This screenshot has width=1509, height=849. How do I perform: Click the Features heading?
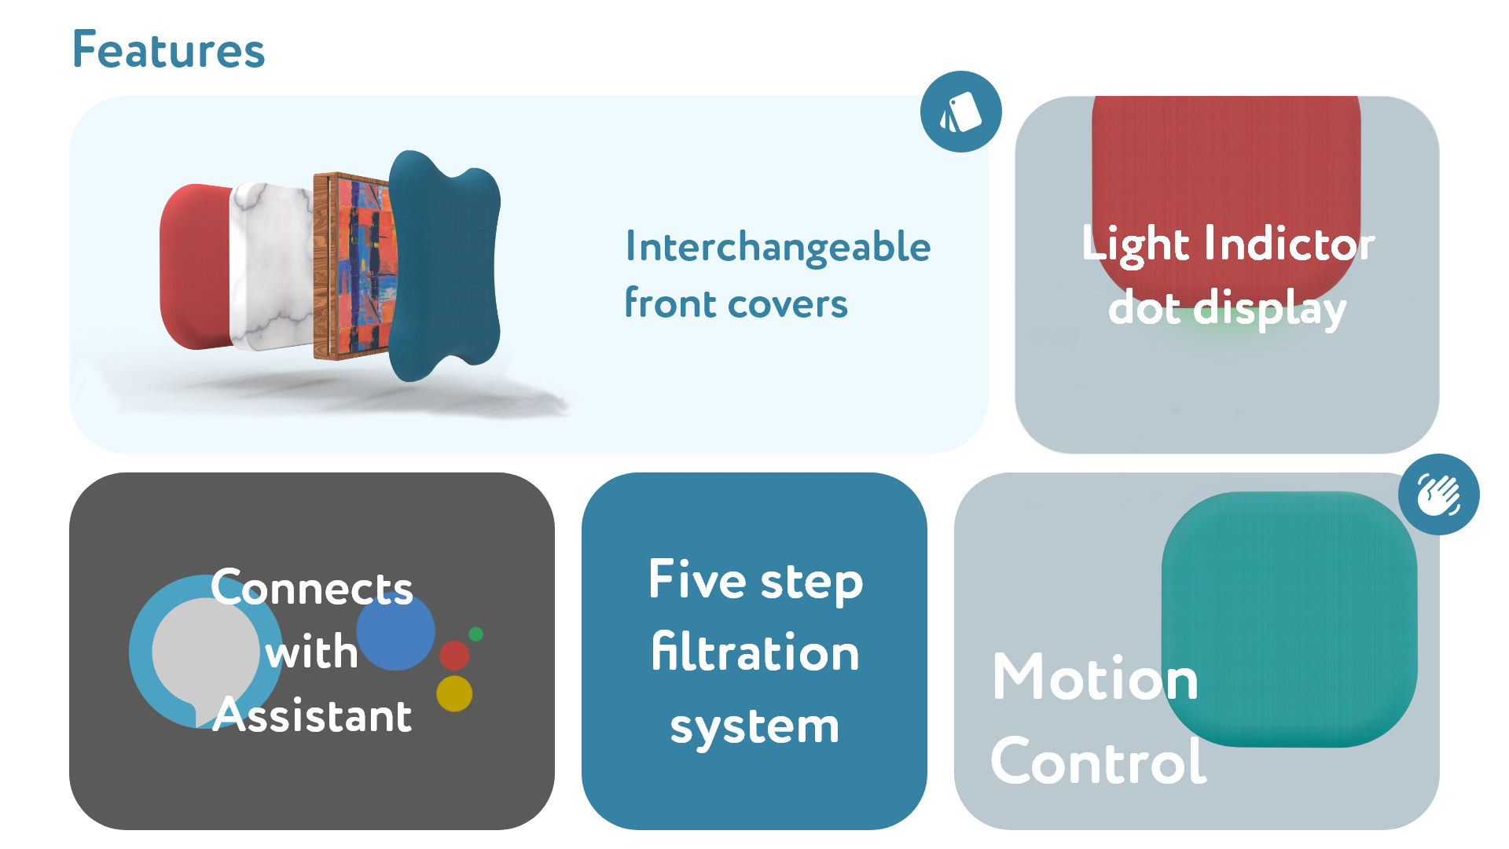168,50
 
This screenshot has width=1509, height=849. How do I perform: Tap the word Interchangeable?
777,247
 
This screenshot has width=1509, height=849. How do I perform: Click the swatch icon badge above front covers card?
960,112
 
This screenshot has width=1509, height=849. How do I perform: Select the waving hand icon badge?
1438,495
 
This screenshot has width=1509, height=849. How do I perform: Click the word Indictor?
1289,244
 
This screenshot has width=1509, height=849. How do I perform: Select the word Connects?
311,588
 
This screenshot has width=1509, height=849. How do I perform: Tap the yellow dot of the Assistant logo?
454,693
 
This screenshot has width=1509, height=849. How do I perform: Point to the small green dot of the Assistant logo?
475,634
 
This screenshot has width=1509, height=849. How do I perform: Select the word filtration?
754,652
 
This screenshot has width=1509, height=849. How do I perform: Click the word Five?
697,579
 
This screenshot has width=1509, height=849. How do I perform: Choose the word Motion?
1095,678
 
